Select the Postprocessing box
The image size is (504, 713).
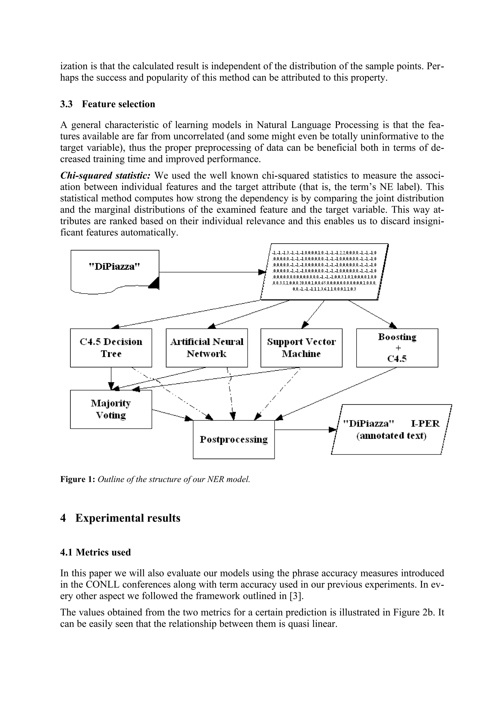point(234,439)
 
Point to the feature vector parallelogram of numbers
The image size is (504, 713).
point(324,271)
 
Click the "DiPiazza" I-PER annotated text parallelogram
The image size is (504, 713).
point(391,430)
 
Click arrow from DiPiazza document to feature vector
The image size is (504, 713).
point(211,272)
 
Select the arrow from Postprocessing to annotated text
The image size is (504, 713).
point(304,430)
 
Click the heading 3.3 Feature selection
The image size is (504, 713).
point(108,104)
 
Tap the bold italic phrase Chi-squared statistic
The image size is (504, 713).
point(105,175)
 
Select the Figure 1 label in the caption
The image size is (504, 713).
point(77,479)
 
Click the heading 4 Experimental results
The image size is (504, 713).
point(120,518)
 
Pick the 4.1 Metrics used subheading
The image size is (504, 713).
point(95,552)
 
